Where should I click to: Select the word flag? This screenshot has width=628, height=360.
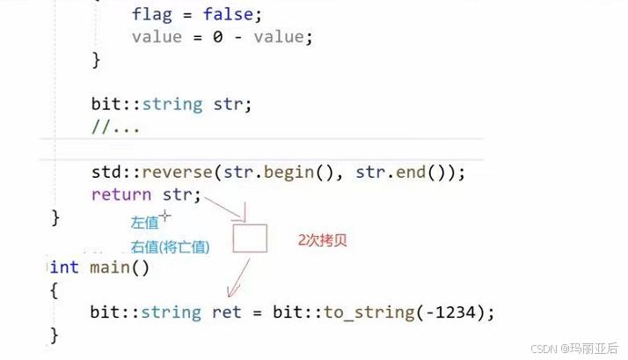point(151,14)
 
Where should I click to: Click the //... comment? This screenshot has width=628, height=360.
point(116,127)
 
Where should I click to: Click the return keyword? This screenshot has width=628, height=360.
point(120,195)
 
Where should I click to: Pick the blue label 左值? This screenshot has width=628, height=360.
point(145,223)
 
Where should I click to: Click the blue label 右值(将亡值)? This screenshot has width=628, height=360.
point(171,247)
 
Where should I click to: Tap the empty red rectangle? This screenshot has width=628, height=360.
point(250,239)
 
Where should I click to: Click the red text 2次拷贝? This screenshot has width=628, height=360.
point(324,239)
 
